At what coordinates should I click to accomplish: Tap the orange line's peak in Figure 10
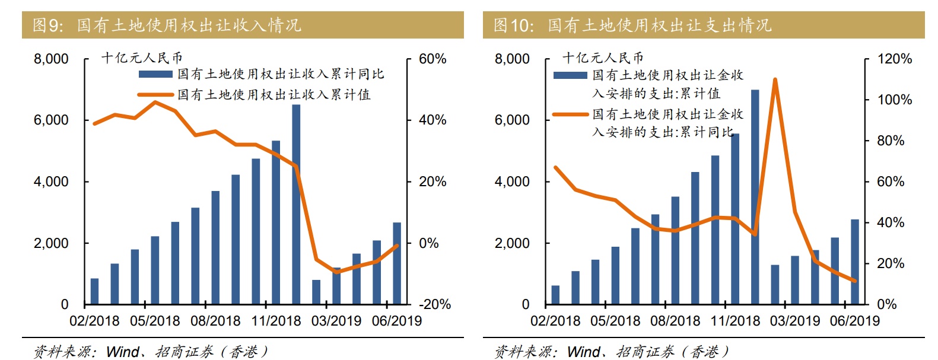coord(775,79)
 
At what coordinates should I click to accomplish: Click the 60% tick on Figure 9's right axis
coord(433,59)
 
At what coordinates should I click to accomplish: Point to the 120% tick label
coord(895,59)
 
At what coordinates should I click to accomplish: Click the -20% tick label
coord(435,305)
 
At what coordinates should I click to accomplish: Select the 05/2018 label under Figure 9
coord(155,321)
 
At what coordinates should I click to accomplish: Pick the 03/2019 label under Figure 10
coord(795,321)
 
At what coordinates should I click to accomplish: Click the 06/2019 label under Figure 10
coord(855,321)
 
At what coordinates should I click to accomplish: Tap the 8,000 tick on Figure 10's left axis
coord(512,59)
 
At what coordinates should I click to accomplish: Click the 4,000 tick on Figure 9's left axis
coord(51,182)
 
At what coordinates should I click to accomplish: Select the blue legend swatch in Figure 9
coord(155,75)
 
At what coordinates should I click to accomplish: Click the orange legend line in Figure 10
coord(570,114)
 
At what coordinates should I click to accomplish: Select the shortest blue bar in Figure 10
coord(555,295)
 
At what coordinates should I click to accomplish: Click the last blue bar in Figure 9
coord(397,263)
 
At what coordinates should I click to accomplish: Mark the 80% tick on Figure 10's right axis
coord(891,141)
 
